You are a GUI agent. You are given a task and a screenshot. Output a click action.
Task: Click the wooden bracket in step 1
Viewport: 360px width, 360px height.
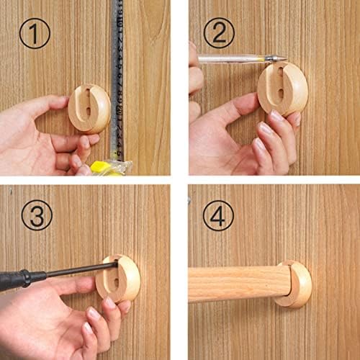[89, 108]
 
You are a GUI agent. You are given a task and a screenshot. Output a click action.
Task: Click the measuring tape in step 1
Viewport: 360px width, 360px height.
[117, 72]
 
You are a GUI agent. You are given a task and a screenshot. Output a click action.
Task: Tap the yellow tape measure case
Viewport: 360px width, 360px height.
[108, 167]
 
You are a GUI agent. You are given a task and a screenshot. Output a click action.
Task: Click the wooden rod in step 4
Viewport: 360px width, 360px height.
[238, 283]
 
